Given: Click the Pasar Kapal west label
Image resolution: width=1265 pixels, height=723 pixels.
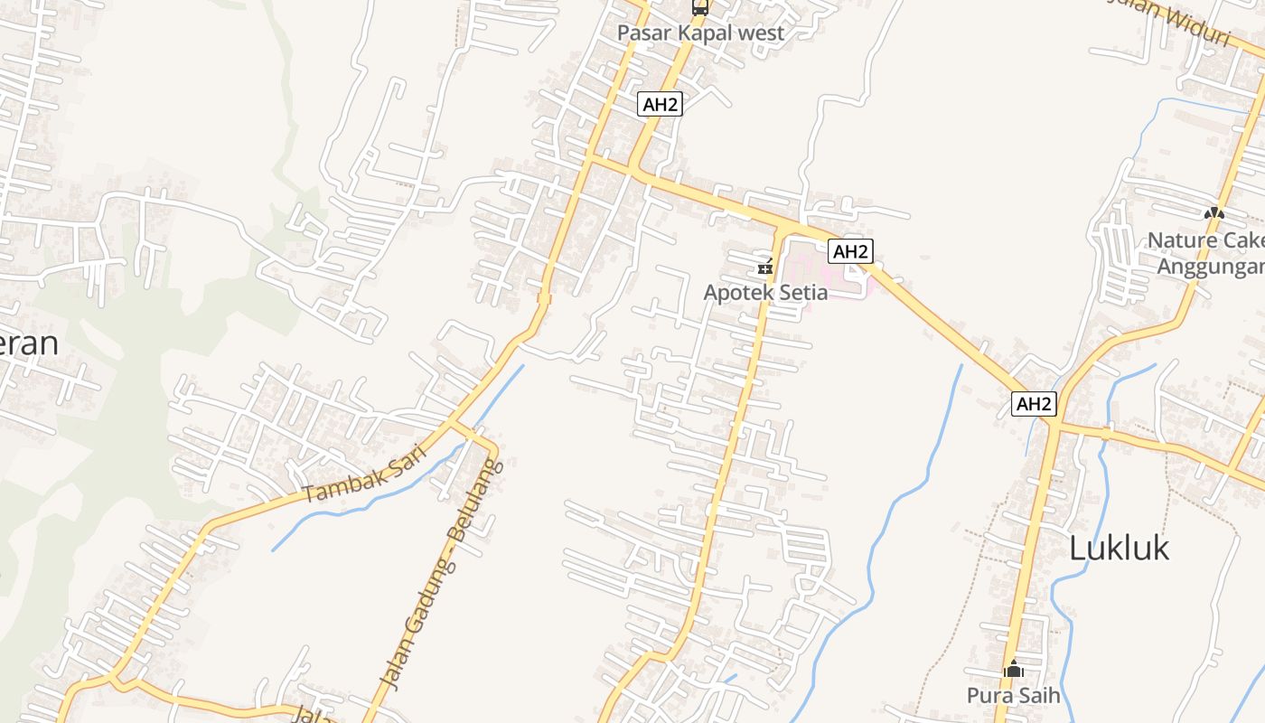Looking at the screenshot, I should point(700,33).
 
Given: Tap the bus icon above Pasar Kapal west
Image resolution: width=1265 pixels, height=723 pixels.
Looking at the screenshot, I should point(699,8).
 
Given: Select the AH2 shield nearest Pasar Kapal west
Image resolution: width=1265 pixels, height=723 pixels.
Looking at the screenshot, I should point(660,104).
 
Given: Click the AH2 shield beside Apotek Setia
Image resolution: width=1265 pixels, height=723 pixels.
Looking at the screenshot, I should point(850,251).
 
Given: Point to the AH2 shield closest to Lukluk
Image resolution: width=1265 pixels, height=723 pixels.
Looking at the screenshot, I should point(1034,403).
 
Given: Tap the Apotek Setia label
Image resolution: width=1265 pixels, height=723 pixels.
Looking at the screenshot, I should point(765,293).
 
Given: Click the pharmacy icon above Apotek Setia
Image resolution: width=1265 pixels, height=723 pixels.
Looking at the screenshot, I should point(765,267).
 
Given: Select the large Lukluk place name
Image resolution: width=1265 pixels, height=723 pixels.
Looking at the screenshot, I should point(1119,548).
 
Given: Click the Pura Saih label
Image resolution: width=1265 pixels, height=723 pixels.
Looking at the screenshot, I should point(1013,695).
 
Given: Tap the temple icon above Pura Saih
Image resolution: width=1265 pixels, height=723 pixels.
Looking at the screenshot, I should point(1014,669).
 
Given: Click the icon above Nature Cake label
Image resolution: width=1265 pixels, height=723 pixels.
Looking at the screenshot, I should point(1213,214).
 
